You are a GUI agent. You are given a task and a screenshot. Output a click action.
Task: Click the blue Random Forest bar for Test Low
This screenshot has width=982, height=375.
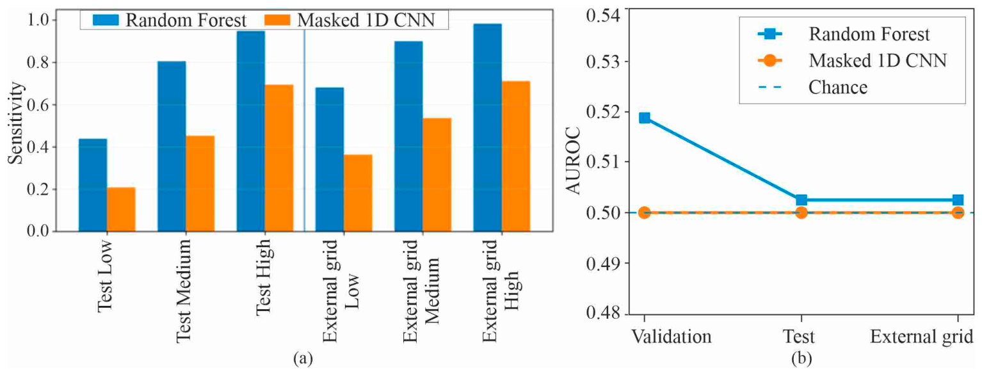pyautogui.click(x=92, y=185)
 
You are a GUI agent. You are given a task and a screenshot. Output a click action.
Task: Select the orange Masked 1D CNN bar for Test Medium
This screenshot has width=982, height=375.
pyautogui.click(x=200, y=184)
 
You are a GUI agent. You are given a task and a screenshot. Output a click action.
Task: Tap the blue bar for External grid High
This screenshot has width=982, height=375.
pyautogui.click(x=488, y=127)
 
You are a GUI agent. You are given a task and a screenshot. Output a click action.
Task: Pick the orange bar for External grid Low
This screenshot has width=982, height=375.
pyautogui.click(x=358, y=193)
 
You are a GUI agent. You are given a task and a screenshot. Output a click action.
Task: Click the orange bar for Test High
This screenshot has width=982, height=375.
pyautogui.click(x=279, y=157)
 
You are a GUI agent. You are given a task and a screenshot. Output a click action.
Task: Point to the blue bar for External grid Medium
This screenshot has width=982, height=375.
pyautogui.click(x=408, y=136)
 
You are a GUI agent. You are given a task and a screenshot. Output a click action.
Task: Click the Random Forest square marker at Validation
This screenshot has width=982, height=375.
pyautogui.click(x=645, y=118)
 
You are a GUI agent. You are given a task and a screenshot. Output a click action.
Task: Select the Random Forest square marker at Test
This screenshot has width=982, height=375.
pyautogui.click(x=801, y=200)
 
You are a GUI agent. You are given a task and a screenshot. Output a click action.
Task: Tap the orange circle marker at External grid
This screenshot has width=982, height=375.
pyautogui.click(x=958, y=213)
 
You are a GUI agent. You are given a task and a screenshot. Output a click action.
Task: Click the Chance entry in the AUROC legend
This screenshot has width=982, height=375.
pyautogui.click(x=838, y=87)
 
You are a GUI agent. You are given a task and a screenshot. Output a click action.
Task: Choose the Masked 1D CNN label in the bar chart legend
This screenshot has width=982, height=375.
pyautogui.click(x=366, y=20)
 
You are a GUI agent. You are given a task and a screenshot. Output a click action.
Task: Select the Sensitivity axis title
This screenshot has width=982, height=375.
pyautogui.click(x=16, y=123)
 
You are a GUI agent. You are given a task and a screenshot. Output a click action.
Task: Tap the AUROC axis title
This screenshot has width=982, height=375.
pyautogui.click(x=573, y=161)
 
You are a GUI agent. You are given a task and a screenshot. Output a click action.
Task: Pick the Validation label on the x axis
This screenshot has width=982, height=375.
pyautogui.click(x=671, y=337)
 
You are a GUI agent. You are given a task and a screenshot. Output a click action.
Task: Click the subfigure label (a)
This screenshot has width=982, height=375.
pyautogui.click(x=303, y=359)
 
